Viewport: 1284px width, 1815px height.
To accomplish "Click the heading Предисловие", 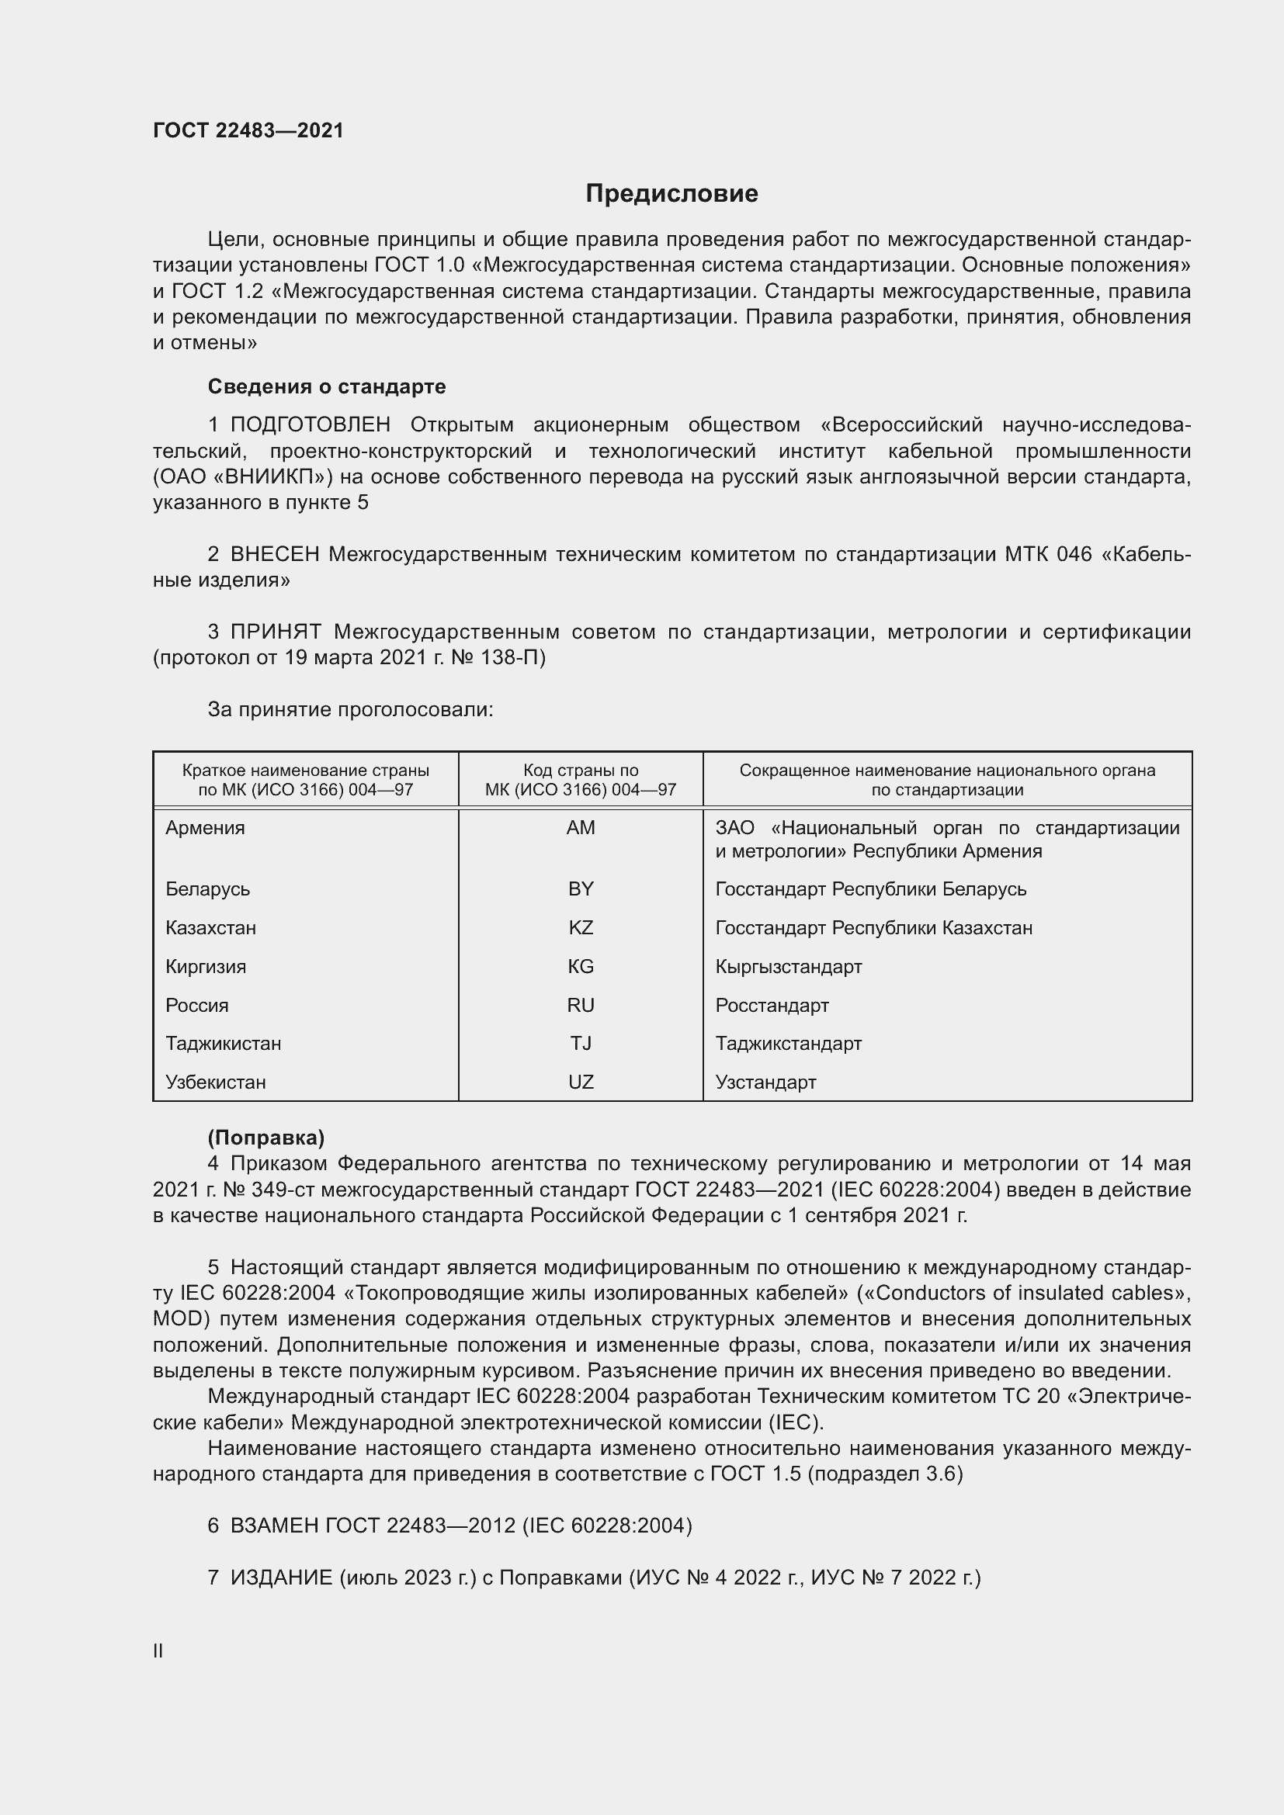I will tap(671, 194).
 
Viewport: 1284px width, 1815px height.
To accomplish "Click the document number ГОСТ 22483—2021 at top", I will tap(248, 130).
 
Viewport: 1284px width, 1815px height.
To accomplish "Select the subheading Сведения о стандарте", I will tap(327, 386).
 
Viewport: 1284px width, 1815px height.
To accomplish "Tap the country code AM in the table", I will tap(581, 828).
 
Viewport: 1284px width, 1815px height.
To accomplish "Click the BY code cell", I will tap(581, 888).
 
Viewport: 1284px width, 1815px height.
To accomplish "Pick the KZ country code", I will tap(581, 927).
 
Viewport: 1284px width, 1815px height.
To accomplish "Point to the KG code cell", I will tap(581, 966).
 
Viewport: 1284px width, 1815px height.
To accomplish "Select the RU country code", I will tap(581, 1005).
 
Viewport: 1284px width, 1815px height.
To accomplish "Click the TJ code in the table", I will tap(581, 1043).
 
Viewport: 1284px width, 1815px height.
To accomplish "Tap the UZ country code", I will tap(581, 1082).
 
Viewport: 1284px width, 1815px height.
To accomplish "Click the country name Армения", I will tap(205, 828).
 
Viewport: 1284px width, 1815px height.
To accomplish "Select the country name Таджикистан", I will tap(223, 1043).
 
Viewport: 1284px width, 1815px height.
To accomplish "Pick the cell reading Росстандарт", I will tap(772, 1005).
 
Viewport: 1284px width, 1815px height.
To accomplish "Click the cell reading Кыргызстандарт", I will tap(788, 966).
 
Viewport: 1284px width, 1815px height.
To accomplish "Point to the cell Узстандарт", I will tap(765, 1082).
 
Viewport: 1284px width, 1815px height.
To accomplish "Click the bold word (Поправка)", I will tap(265, 1137).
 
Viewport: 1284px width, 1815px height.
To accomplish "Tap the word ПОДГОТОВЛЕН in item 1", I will tap(310, 424).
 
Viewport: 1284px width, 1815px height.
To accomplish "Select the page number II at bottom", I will tap(158, 1650).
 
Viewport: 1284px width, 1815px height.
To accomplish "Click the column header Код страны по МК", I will tap(581, 779).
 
